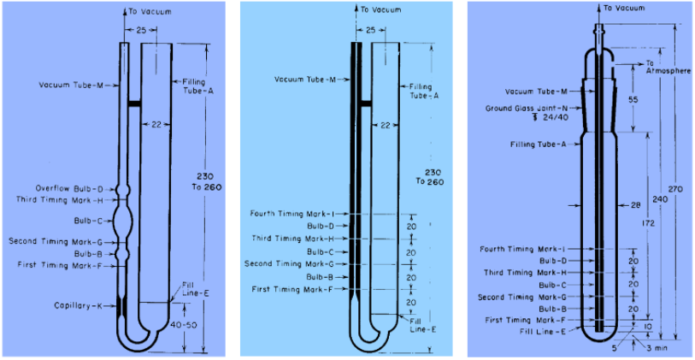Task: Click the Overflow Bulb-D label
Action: tap(69, 188)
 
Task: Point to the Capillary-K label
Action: tap(79, 305)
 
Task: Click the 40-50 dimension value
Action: tap(193, 325)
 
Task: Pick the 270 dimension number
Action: tap(676, 189)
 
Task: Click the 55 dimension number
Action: tap(633, 100)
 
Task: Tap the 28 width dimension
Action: tap(634, 205)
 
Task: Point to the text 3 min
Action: tap(654, 349)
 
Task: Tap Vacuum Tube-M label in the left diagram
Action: tap(71, 85)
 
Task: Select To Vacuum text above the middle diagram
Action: tap(378, 10)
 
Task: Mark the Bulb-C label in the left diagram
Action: tap(88, 220)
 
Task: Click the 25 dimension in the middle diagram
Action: tap(370, 30)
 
